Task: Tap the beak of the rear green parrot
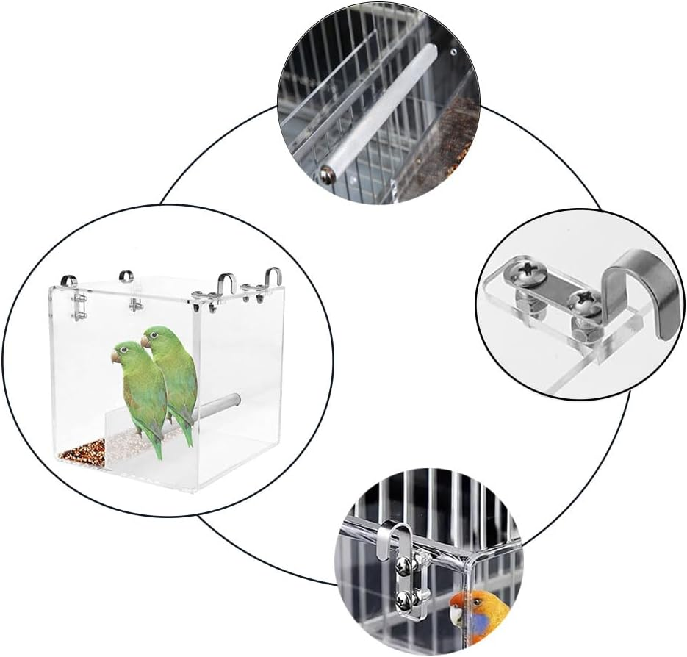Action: (145, 342)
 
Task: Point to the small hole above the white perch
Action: (453, 53)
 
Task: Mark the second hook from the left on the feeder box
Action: (126, 277)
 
